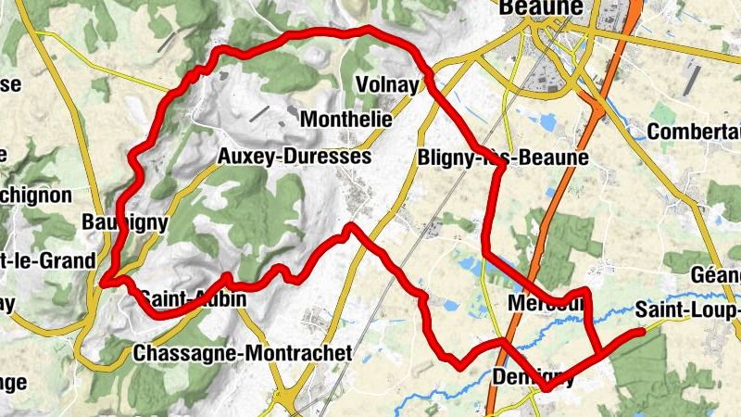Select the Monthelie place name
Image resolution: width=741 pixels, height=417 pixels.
pyautogui.click(x=346, y=120)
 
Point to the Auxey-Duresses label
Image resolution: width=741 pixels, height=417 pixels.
pyautogui.click(x=294, y=157)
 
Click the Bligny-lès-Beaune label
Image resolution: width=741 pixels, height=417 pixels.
pyautogui.click(x=503, y=158)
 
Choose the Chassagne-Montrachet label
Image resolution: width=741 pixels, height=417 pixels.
pyautogui.click(x=243, y=353)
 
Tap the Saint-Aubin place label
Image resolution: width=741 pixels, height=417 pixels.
pyautogui.click(x=193, y=299)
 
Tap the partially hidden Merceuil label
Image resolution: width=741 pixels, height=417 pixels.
pyautogui.click(x=546, y=303)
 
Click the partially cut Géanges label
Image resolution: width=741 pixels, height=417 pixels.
pyautogui.click(x=716, y=275)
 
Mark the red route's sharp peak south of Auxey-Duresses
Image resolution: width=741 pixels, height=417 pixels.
pyautogui.click(x=350, y=226)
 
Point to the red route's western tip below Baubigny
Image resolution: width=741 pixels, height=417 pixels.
pyautogui.click(x=105, y=283)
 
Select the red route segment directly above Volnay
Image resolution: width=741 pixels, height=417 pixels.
pyautogui.click(x=370, y=32)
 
